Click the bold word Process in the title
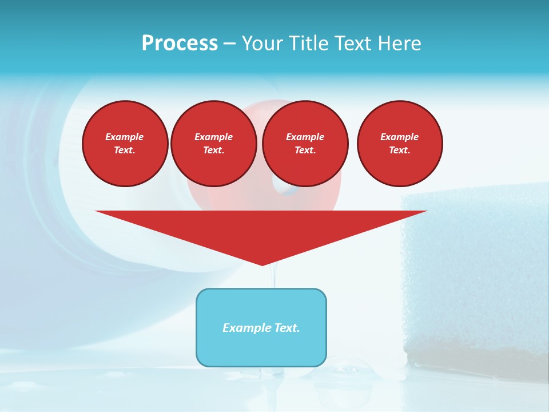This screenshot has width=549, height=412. (x=180, y=43)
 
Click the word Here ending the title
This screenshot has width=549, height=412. (x=401, y=43)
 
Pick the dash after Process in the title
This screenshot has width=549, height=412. (x=229, y=44)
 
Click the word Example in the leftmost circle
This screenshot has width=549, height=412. (x=125, y=137)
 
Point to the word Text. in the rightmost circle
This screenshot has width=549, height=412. (x=400, y=150)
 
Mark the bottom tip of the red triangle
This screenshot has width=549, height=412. (x=262, y=264)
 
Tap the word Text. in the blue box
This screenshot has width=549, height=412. (x=288, y=328)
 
